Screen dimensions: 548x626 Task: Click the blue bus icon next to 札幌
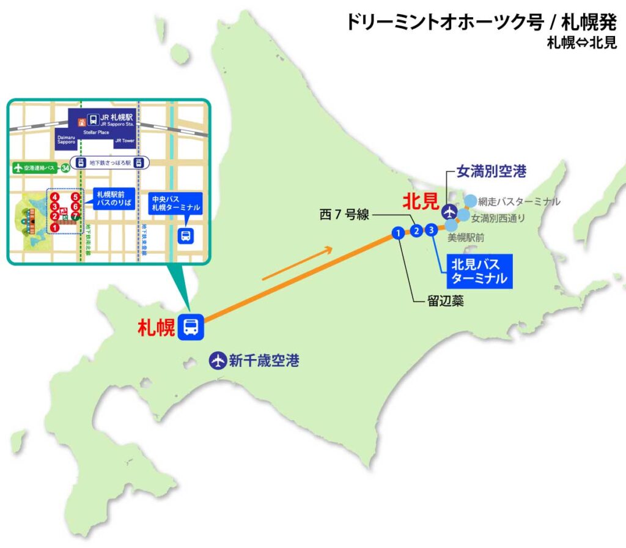[x=190, y=327]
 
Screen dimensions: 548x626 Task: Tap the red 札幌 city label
[x=157, y=328]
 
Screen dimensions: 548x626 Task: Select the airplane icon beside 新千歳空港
[x=217, y=360]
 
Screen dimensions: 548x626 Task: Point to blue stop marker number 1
[x=397, y=232]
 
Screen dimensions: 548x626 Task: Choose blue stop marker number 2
[x=416, y=231]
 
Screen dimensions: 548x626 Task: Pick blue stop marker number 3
[x=432, y=230]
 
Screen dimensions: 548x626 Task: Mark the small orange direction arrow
[x=298, y=263]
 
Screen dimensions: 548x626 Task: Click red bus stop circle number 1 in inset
[x=55, y=228]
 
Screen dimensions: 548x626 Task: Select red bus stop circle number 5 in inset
[x=75, y=197]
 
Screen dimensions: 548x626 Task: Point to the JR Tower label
[x=124, y=141]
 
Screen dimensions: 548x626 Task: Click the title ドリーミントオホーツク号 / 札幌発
[x=481, y=21]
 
